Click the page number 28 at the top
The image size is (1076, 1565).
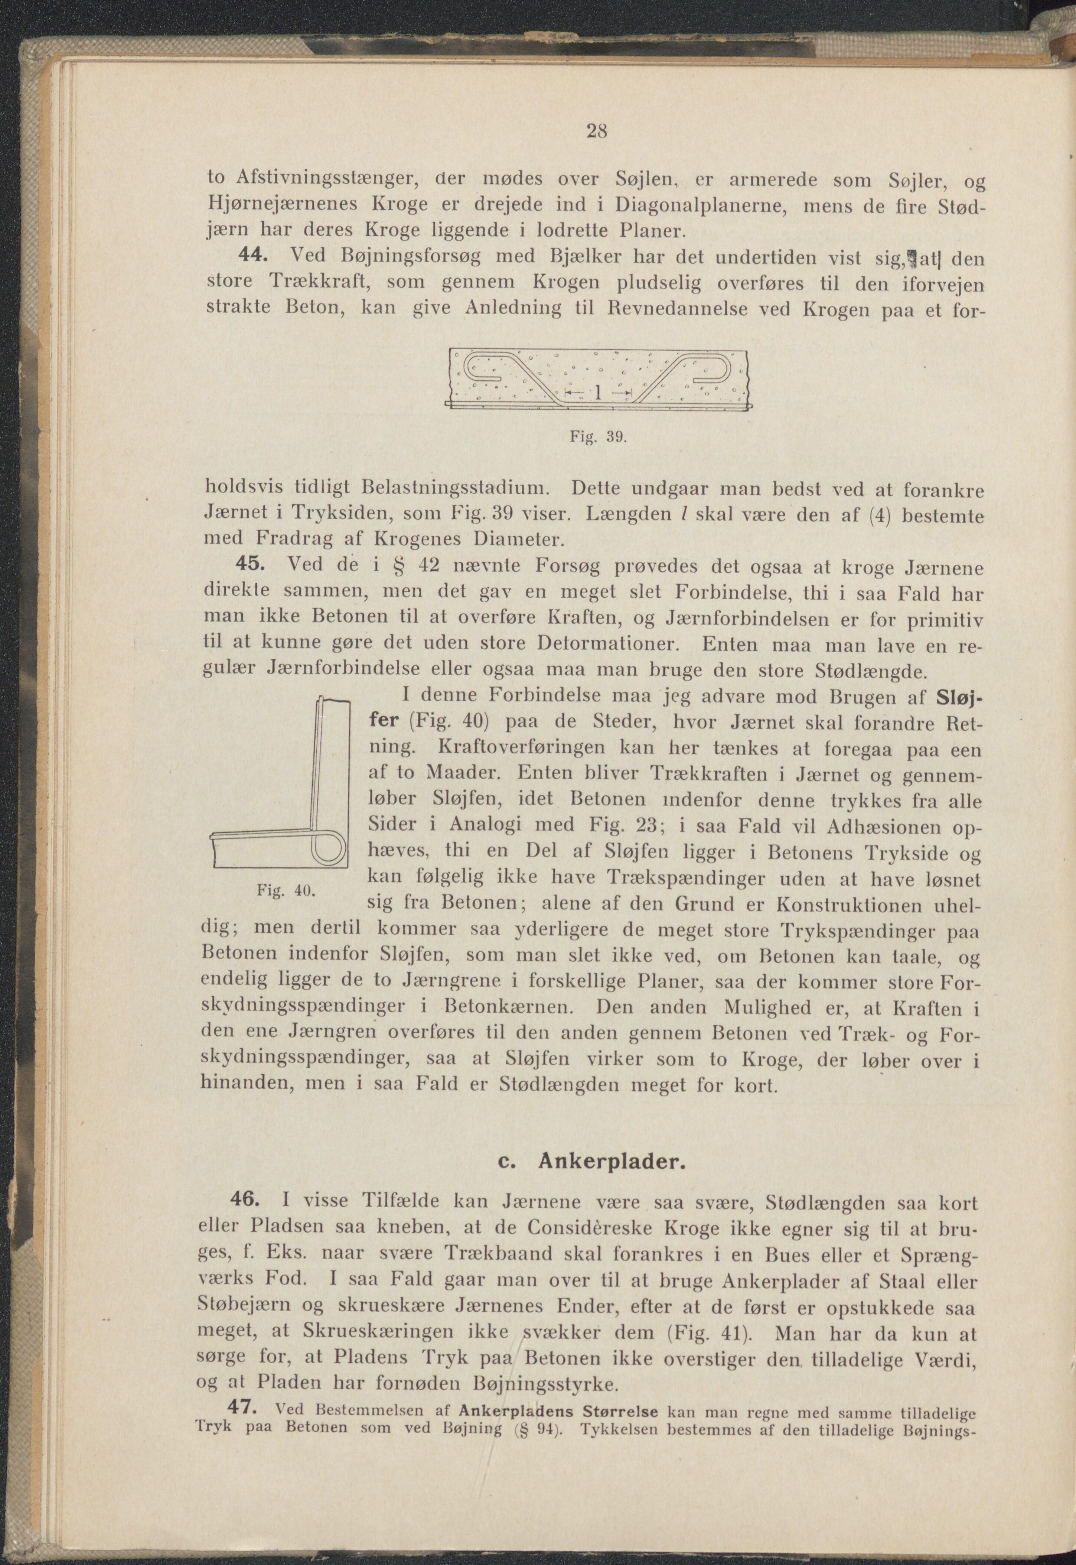(x=597, y=132)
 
